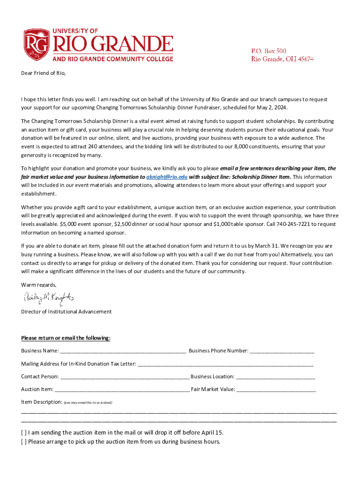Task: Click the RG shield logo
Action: click(x=37, y=45)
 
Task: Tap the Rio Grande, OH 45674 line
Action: click(x=282, y=59)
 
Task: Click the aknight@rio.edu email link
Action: click(x=167, y=177)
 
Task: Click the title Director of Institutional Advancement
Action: click(x=66, y=312)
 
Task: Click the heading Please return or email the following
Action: click(x=66, y=338)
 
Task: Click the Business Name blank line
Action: click(x=123, y=351)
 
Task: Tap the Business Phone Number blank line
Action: click(x=282, y=351)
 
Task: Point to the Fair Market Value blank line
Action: click(x=276, y=390)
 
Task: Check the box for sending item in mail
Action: click(x=24, y=433)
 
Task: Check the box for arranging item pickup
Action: click(x=24, y=442)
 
